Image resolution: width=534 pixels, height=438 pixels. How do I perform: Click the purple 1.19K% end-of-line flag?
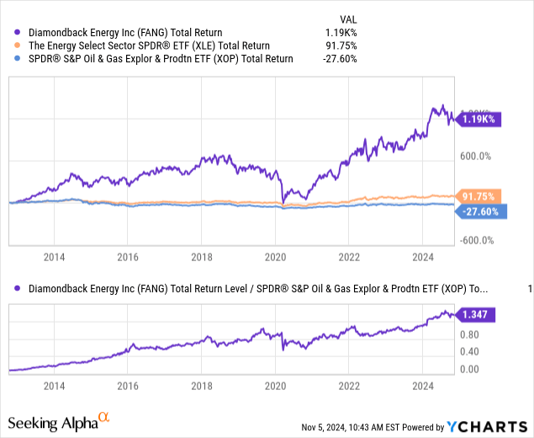pyautogui.click(x=480, y=120)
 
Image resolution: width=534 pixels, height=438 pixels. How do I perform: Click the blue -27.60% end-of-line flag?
pyautogui.click(x=480, y=211)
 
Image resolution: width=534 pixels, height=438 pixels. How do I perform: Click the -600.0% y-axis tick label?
pyautogui.click(x=475, y=240)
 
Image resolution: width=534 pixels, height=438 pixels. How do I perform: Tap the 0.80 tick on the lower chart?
pyautogui.click(x=469, y=334)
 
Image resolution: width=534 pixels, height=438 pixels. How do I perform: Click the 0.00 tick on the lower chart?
pyautogui.click(x=469, y=369)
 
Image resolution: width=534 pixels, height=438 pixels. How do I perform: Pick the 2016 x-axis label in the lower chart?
pyautogui.click(x=129, y=386)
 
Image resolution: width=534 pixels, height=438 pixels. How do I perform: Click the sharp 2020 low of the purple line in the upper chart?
pyautogui.click(x=283, y=203)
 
